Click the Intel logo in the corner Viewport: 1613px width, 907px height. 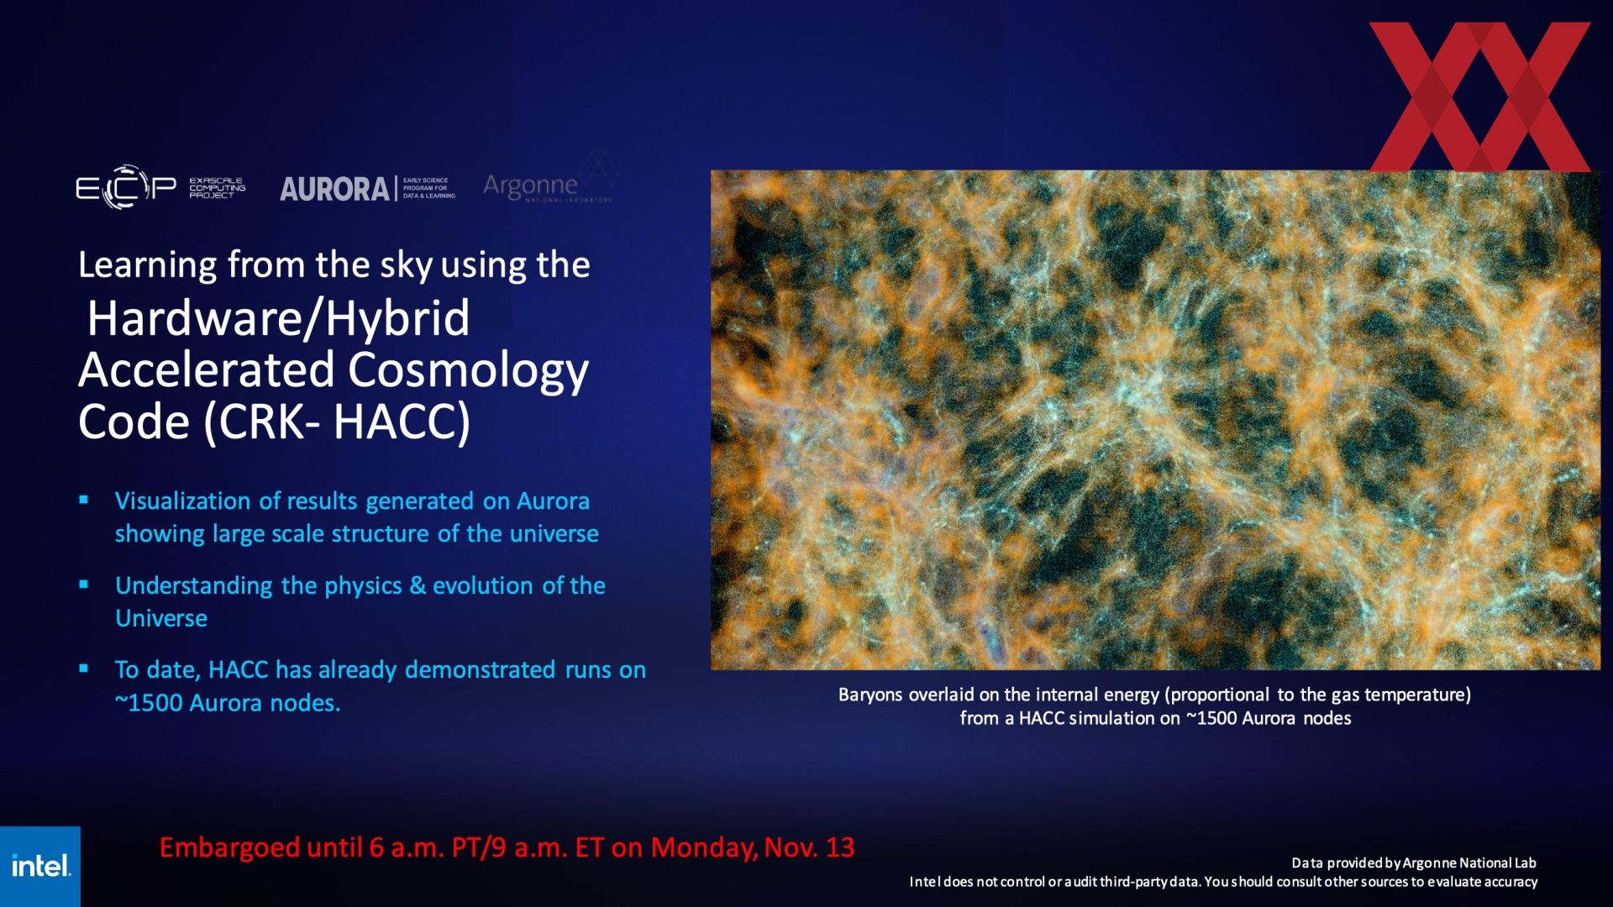[40, 866]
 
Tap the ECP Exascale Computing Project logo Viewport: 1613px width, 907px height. [160, 186]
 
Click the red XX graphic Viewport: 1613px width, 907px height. [1479, 97]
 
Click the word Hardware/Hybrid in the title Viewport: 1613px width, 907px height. [278, 319]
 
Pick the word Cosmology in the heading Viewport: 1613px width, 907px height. [468, 371]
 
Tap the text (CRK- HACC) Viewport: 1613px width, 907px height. [337, 422]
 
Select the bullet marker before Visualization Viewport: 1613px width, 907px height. [84, 500]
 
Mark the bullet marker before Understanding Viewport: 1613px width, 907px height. [84, 585]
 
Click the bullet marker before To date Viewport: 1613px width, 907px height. [84, 668]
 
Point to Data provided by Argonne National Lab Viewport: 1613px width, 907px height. [1414, 862]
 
